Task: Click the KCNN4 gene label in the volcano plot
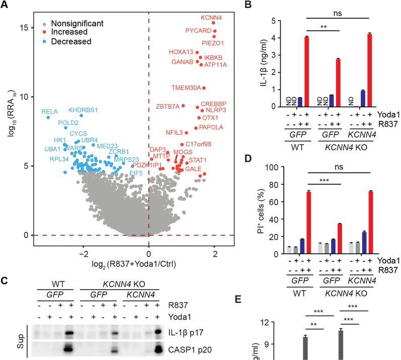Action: click(x=211, y=18)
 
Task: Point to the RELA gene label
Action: click(x=50, y=111)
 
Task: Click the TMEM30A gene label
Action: click(x=185, y=88)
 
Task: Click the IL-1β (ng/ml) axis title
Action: click(x=263, y=63)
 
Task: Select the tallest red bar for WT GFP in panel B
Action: click(x=306, y=71)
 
